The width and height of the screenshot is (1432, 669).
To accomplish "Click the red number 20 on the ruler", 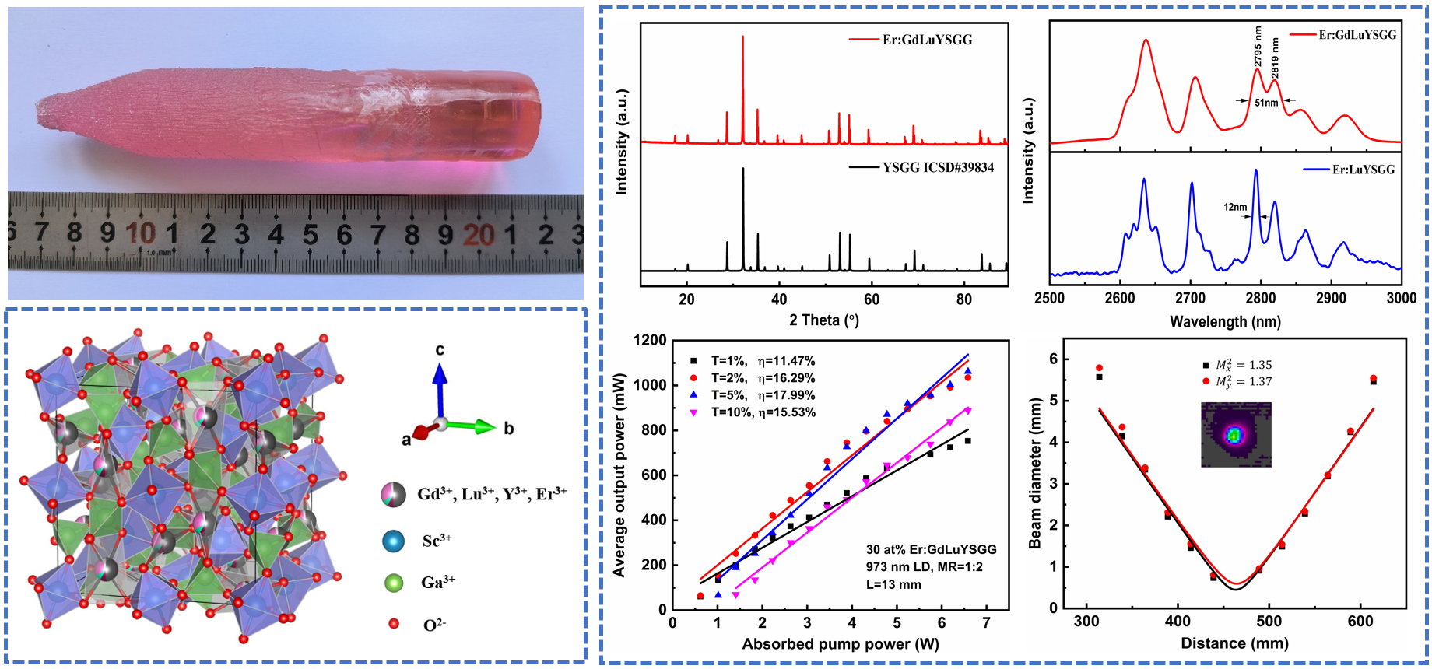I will click(x=478, y=234).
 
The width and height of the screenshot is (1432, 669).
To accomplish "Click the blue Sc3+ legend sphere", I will click(x=394, y=541).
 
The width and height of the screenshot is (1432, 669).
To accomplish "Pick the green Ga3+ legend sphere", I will click(x=394, y=582).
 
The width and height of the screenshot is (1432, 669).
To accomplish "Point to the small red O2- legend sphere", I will click(x=394, y=624).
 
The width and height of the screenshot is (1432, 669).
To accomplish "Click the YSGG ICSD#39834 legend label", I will click(x=938, y=167).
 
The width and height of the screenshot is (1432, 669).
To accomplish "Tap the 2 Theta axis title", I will click(x=823, y=320).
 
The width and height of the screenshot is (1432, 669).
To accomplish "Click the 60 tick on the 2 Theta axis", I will click(x=871, y=299).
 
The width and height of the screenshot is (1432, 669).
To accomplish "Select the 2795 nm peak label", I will click(x=1258, y=45).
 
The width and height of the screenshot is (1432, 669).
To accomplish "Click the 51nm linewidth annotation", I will click(x=1266, y=103).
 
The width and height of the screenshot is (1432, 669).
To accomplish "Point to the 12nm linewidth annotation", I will click(x=1235, y=208).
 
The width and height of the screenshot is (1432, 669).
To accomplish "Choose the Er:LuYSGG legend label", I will click(x=1364, y=170).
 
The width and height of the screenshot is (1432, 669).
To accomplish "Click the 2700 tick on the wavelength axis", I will click(x=1190, y=298).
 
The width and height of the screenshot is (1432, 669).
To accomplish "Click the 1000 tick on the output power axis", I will click(x=651, y=385).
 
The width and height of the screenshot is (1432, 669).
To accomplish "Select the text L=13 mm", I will click(x=893, y=584).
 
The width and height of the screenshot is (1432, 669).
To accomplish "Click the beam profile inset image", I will click(x=1236, y=434).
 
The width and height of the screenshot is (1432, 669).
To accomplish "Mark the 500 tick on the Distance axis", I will click(x=1269, y=622).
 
